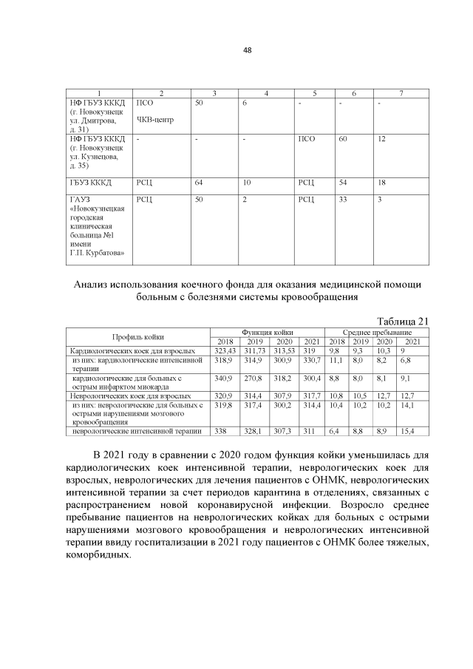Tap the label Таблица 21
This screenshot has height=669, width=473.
(403, 320)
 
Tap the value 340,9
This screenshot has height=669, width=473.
(223, 377)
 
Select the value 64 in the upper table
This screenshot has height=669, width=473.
(198, 181)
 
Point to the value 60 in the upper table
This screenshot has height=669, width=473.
(343, 138)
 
